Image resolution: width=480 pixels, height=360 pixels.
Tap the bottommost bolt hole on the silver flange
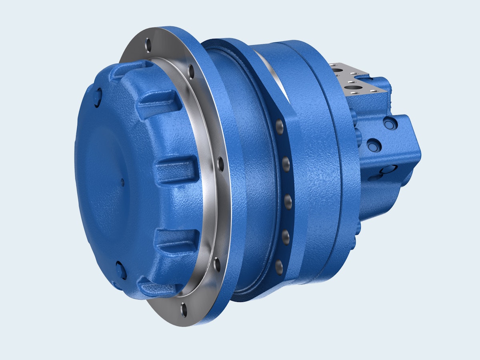pyautogui.click(x=184, y=310)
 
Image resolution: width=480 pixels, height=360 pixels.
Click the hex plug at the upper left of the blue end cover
pyautogui.click(x=98, y=98)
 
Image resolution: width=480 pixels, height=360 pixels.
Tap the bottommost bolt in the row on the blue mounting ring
pyautogui.click(x=279, y=267)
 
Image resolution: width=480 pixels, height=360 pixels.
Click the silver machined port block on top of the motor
pyautogui.click(x=352, y=78)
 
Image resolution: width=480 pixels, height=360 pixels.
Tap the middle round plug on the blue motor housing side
pyautogui.click(x=372, y=143)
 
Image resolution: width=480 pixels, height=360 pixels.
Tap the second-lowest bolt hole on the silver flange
pyautogui.click(x=217, y=264)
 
